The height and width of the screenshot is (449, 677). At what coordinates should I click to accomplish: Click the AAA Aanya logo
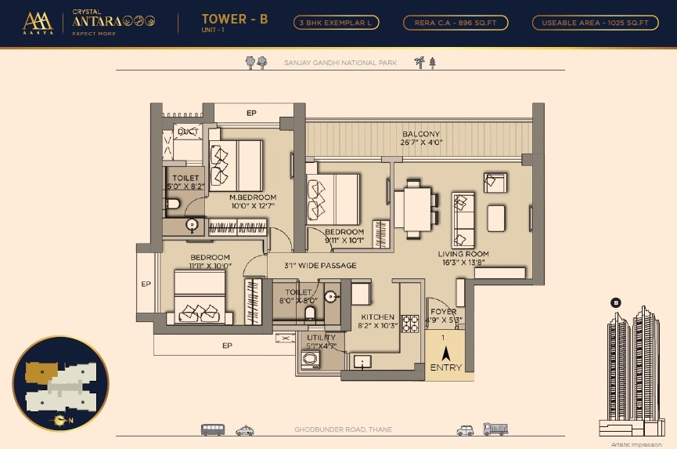[37, 24]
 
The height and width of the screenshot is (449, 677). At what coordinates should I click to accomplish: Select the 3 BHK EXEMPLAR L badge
[337, 23]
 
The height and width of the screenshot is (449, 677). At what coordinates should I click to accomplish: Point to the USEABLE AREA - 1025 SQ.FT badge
[595, 23]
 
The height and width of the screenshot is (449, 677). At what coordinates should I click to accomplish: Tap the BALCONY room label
[421, 134]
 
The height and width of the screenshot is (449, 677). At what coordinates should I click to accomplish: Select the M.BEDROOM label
[253, 197]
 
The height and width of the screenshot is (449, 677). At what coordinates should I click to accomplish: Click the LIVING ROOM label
[463, 254]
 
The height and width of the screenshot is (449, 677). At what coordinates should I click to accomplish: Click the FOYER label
[443, 312]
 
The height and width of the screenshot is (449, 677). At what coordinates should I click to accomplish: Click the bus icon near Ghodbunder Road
[213, 429]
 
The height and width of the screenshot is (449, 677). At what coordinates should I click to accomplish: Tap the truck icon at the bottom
[495, 429]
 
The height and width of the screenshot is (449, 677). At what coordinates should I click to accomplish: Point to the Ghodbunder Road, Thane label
[343, 430]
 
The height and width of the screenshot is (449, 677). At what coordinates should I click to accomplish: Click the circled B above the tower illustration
[616, 302]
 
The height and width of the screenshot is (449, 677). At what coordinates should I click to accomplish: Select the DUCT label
[187, 132]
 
